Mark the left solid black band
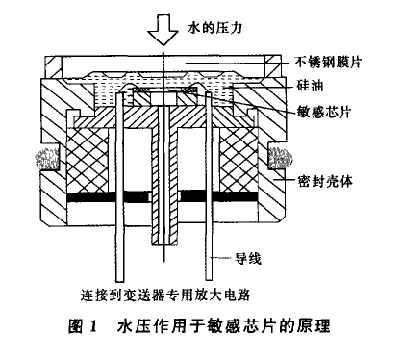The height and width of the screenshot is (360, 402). pyautogui.click(x=88, y=200)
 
